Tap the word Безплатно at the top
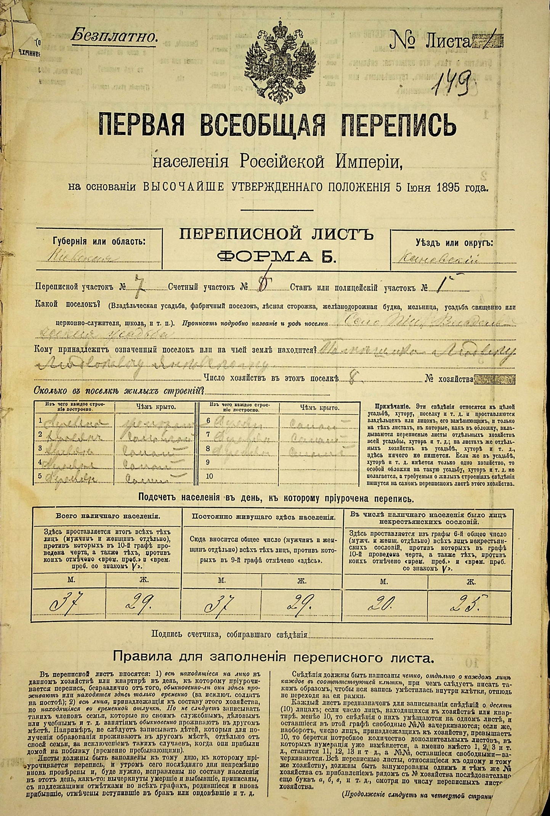114,37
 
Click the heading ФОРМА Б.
276,257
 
